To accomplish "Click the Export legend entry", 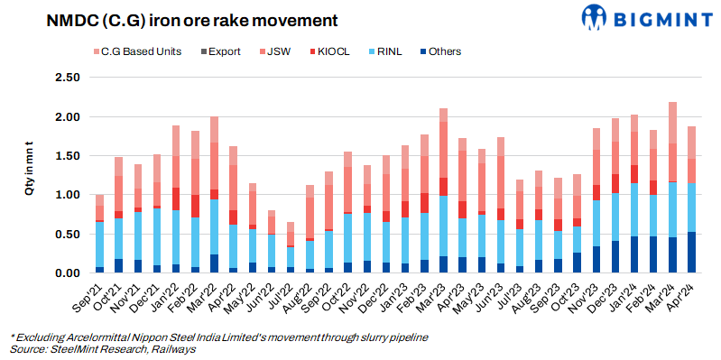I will [219, 51].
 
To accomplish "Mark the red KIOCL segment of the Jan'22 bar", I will [176, 198].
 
